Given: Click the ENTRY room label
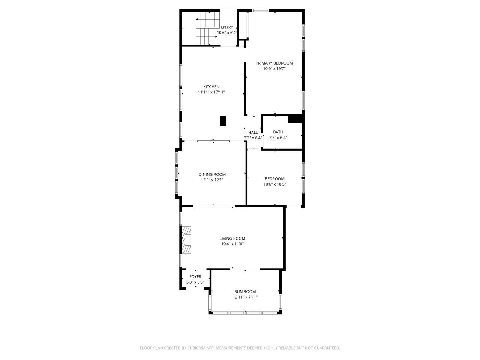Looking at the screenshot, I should (227, 27).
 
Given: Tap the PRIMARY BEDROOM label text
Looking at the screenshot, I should (274, 63).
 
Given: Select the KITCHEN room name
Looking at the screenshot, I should (211, 87).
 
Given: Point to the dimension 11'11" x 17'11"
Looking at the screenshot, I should (211, 92).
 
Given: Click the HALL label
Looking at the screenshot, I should (253, 132).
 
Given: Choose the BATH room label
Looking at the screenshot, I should (278, 132).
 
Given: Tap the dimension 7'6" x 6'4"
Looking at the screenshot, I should (278, 138).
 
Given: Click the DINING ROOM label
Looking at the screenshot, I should (212, 174).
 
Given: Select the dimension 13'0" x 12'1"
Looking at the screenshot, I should (212, 180).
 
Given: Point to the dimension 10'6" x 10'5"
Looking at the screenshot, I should (274, 184).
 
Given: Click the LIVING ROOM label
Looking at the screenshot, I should (232, 238).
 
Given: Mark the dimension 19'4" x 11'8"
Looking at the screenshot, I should (232, 244).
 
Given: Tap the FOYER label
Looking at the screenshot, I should (195, 277).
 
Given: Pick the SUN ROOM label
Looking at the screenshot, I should (245, 291).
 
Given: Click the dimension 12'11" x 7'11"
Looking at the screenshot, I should (245, 297).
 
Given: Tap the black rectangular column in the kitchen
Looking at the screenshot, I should (223, 121).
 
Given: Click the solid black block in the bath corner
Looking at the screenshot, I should (295, 119).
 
